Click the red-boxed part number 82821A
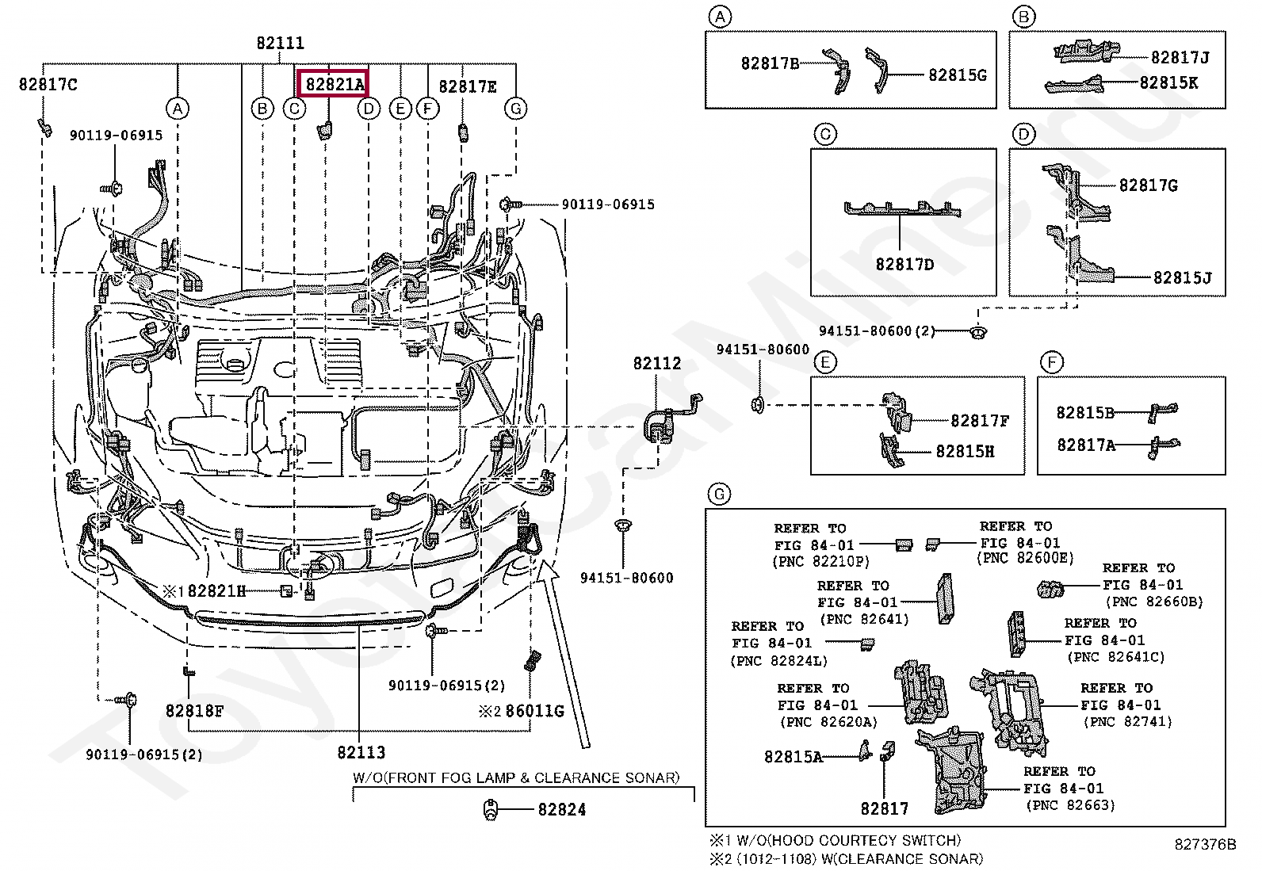(334, 85)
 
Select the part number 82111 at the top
(280, 43)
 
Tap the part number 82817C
(48, 85)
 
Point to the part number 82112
(657, 364)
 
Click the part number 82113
(361, 752)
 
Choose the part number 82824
(562, 810)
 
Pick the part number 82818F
(194, 711)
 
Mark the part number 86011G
(534, 711)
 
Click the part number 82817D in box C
(904, 264)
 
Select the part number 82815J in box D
(1183, 277)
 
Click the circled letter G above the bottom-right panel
(720, 495)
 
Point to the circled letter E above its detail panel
(825, 362)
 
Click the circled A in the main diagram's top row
(178, 108)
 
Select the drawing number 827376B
(1205, 845)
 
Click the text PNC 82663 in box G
(1070, 806)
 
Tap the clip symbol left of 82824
(491, 810)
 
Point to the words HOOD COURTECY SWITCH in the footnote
(864, 841)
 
